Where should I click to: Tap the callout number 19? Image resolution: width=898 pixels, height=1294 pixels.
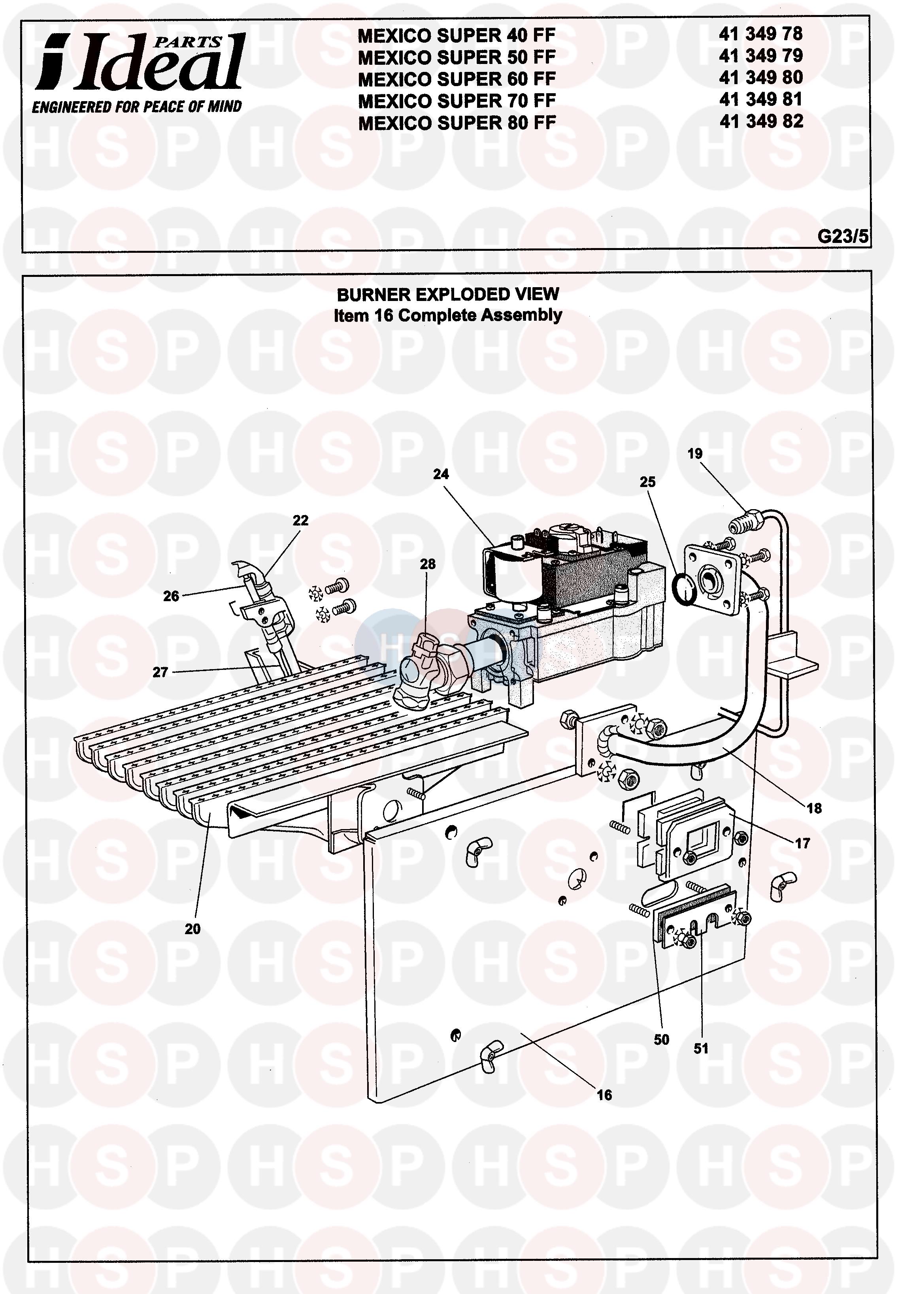695,454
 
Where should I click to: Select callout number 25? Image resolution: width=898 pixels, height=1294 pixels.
648,482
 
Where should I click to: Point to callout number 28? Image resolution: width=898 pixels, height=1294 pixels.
428,564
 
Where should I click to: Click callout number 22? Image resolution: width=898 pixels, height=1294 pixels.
300,520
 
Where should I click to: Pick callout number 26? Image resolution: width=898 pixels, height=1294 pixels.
171,596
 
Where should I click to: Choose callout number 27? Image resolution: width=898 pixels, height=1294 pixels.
160,672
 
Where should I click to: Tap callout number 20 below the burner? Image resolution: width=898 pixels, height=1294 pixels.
192,929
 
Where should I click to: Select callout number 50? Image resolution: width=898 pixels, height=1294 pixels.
662,1040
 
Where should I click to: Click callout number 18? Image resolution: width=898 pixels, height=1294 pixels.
814,809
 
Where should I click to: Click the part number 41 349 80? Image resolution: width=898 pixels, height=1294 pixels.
761,77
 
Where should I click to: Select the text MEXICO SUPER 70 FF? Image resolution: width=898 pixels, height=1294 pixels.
457,101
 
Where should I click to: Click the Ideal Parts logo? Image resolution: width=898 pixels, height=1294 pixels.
138,72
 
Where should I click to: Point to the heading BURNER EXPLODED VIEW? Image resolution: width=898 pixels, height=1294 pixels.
448,294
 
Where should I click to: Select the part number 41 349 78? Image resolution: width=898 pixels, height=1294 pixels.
761,34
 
